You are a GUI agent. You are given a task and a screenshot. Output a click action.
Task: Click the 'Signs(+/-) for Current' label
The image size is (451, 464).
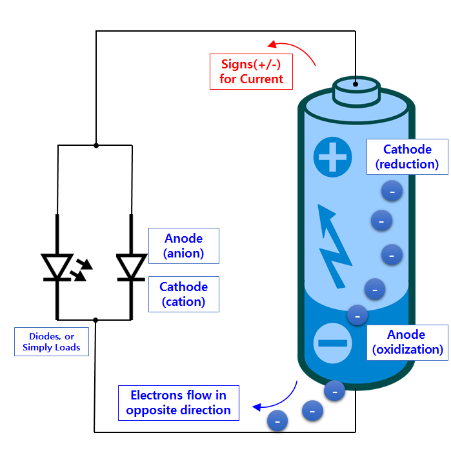pyautogui.click(x=252, y=72)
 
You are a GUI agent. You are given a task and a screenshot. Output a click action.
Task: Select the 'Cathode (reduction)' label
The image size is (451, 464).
pyautogui.click(x=407, y=157)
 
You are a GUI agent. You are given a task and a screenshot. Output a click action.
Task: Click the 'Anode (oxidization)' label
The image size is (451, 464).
pyautogui.click(x=407, y=342)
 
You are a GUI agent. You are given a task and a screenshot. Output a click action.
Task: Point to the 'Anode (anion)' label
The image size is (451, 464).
pyautogui.click(x=184, y=246)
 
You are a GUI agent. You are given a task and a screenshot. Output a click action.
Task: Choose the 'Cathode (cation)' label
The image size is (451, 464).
pyautogui.click(x=184, y=294)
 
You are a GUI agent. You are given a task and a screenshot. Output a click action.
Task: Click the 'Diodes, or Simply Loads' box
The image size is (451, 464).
pyautogui.click(x=52, y=341)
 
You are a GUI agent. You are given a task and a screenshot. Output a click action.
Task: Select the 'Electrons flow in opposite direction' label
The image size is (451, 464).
pyautogui.click(x=179, y=403)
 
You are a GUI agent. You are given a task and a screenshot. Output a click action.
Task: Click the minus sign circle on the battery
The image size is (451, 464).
pyautogui.click(x=333, y=342)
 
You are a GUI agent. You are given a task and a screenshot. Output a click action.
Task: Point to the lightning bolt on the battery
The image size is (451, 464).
pyautogui.click(x=334, y=245)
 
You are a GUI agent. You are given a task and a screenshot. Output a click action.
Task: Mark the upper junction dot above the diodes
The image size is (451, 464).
pyautogui.click(x=96, y=145)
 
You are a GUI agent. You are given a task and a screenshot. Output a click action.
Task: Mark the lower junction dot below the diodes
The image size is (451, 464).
pyautogui.click(x=95, y=319)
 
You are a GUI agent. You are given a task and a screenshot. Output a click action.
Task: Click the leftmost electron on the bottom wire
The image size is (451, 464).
pyautogui.click(x=277, y=421)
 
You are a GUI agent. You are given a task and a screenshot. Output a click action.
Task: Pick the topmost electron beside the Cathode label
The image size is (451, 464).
pyautogui.click(x=392, y=191)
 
